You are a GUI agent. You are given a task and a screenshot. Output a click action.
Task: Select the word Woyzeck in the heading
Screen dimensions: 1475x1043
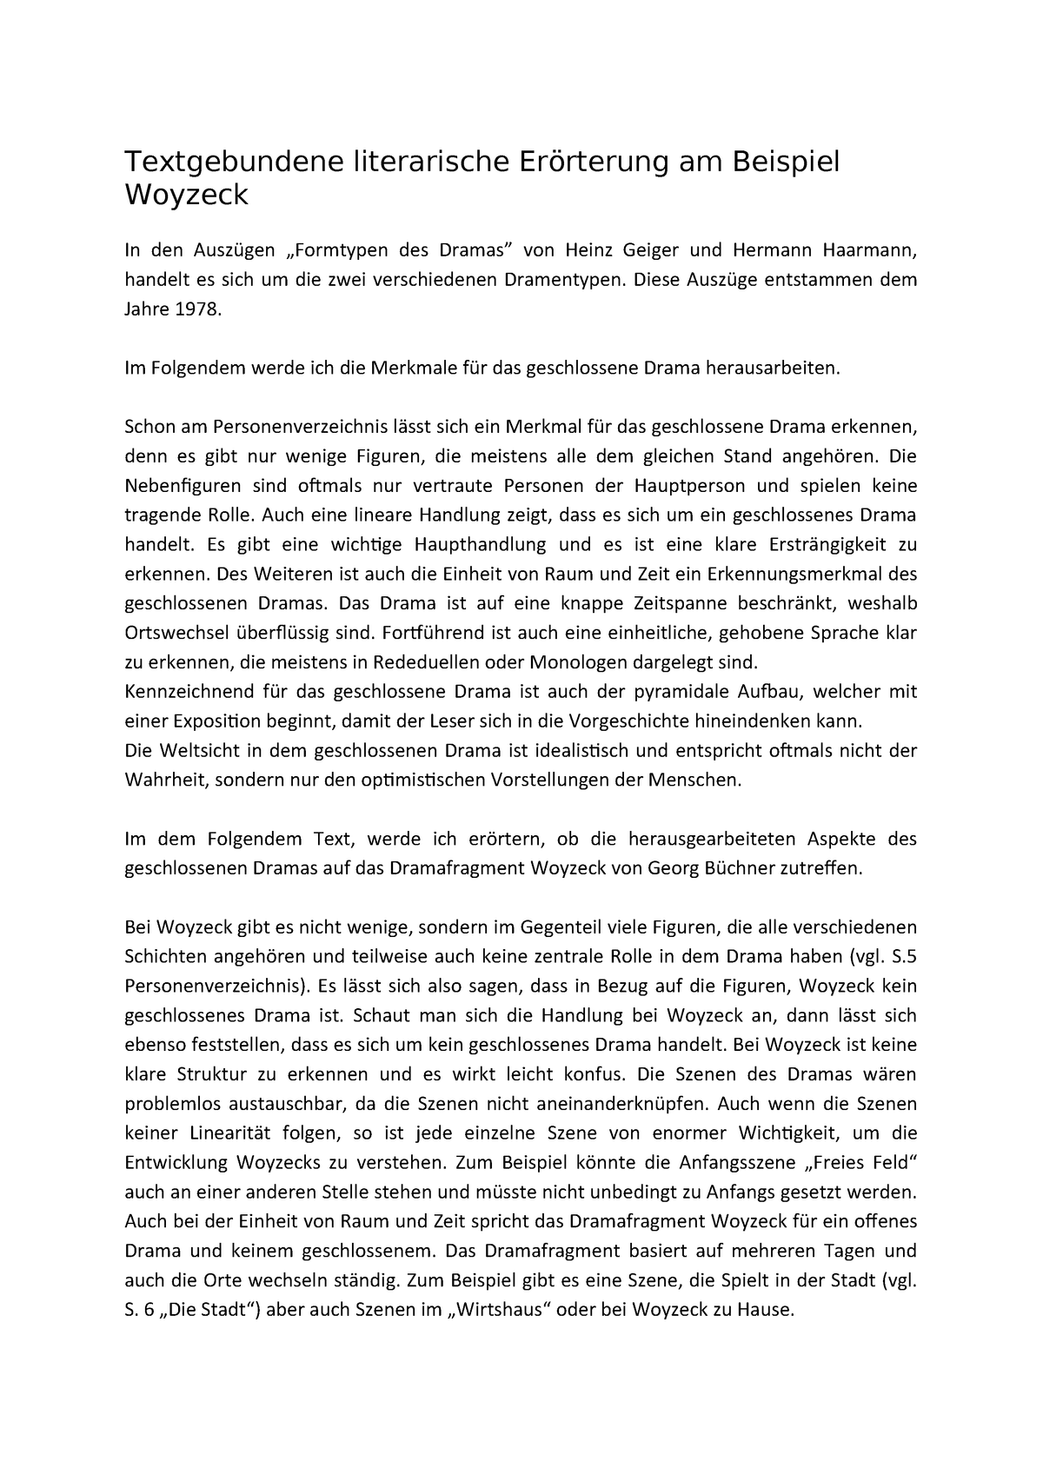coord(186,196)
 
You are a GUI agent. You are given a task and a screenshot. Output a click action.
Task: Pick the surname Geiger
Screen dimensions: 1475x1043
coord(652,251)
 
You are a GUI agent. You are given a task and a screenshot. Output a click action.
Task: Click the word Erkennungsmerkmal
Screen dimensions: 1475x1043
coord(800,574)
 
